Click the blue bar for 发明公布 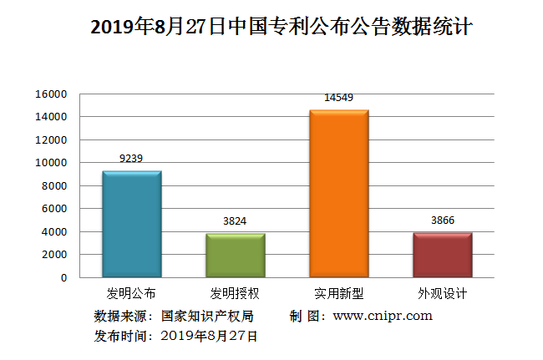pos(131,224)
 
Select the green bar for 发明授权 pos(236,255)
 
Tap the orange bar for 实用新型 pos(338,194)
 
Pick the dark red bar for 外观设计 pos(442,255)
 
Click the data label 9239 pos(132,158)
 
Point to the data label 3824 pos(236,221)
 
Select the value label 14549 pos(338,98)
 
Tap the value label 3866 pos(442,220)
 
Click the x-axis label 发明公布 pos(131,293)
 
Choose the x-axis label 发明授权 pos(235,293)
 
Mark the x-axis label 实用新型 pos(338,293)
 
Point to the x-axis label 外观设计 pos(442,293)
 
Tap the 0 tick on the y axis pos(63,277)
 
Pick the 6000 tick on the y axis pos(54,209)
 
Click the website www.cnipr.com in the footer pos(383,316)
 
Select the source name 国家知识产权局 pos(207,316)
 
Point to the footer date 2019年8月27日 pos(209,336)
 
